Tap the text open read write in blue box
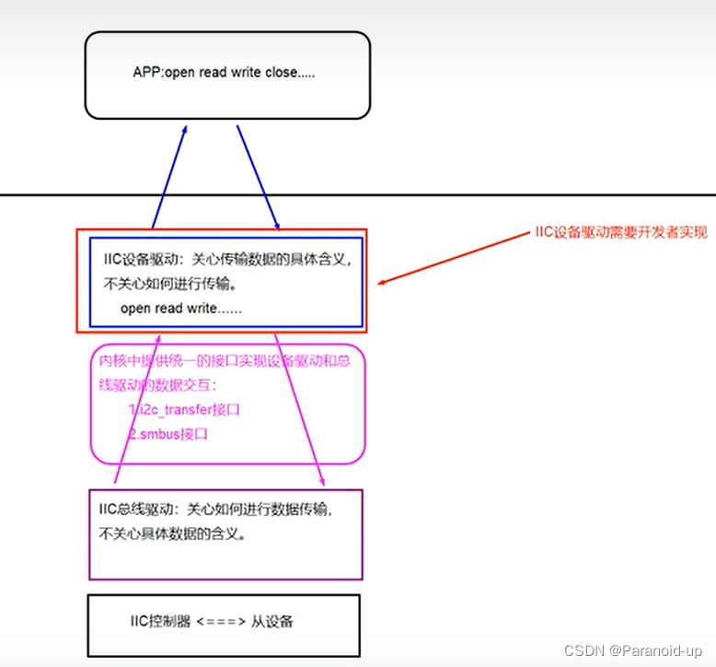pos(180,308)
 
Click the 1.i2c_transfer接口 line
pos(184,410)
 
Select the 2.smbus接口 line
pos(168,432)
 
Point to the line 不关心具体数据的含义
pos(172,532)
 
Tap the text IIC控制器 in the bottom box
pos(160,622)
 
